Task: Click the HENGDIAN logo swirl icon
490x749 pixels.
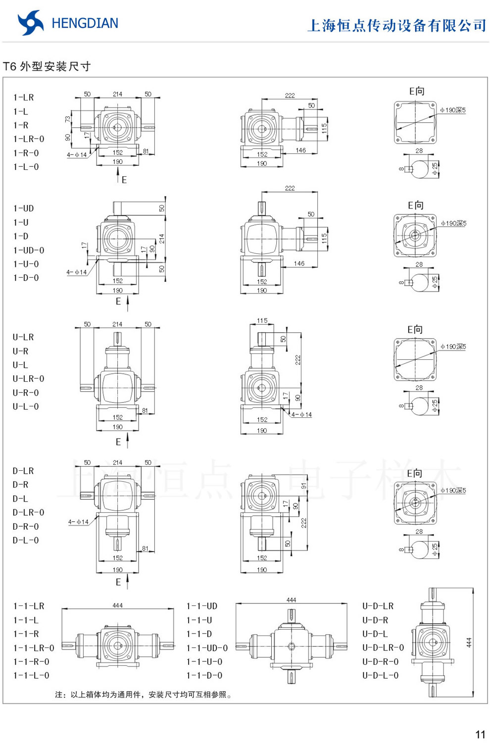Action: (30, 23)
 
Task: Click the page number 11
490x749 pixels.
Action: (480, 735)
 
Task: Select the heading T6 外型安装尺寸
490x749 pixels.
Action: (47, 66)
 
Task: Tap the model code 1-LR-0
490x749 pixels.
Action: (29, 139)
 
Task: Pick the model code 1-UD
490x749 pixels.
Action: (24, 208)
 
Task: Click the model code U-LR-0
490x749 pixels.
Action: (29, 379)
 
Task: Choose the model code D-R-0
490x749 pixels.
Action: (26, 526)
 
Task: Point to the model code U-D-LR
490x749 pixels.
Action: (378, 606)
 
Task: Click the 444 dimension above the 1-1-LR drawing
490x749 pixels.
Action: (117, 605)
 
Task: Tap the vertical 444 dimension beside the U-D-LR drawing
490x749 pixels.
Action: (469, 643)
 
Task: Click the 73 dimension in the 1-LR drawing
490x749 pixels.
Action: (67, 119)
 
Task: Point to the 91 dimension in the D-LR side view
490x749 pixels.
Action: (303, 486)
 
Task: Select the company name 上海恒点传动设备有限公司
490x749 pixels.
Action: (397, 25)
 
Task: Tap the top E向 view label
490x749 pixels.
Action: (417, 91)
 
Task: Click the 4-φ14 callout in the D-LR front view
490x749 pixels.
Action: (78, 522)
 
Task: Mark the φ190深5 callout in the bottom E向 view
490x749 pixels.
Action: (453, 490)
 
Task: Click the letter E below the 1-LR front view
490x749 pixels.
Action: (124, 180)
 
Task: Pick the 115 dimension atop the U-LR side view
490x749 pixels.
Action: (262, 320)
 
